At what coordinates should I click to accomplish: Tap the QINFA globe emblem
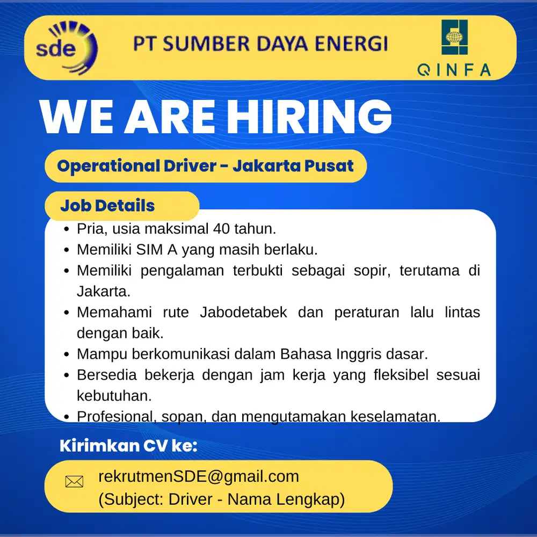pos(454,37)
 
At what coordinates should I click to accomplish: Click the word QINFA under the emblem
pos(454,70)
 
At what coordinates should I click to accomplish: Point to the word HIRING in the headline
pos(309,117)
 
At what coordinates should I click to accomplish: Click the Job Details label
pos(107,206)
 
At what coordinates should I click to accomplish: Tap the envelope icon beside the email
pos(74,482)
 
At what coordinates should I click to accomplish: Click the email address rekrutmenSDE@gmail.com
pos(199,476)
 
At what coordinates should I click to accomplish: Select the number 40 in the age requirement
pos(221,229)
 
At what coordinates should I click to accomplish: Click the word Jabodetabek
pos(243,313)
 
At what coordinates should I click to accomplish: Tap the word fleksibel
pos(401,375)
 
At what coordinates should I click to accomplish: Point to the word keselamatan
pos(396,417)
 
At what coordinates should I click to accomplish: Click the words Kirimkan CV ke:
pos(128,446)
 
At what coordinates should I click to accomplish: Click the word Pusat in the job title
pos(329,166)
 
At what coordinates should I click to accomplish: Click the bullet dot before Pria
pos(67,229)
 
